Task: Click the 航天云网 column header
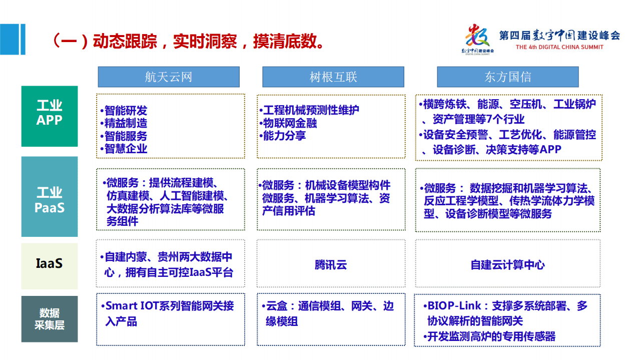pos(168,77)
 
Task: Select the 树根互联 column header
pos(333,77)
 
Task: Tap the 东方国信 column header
pos(507,77)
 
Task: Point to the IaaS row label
pos(50,263)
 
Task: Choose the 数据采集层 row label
pos(50,319)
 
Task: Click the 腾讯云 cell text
pos(331,265)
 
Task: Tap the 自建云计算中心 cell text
pos(507,265)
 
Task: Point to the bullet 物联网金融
pos(290,123)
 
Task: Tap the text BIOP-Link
pos(453,306)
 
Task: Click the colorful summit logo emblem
pos(477,38)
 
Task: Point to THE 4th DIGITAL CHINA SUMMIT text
pos(559,47)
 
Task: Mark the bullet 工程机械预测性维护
pos(311,110)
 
